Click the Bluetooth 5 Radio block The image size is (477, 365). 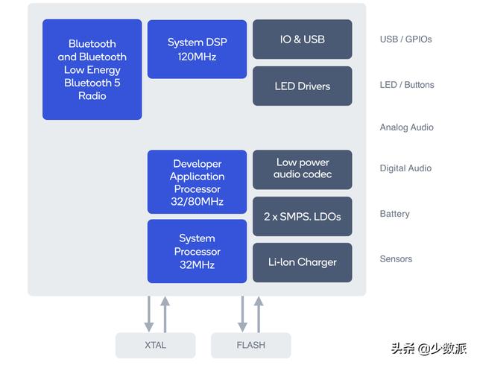pyautogui.click(x=92, y=69)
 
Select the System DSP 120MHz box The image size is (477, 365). pyautogui.click(x=197, y=49)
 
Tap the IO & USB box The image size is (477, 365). pyautogui.click(x=302, y=39)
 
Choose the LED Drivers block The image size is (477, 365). pyautogui.click(x=302, y=86)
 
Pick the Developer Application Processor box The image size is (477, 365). pyautogui.click(x=197, y=182)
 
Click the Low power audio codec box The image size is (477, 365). pyautogui.click(x=302, y=168)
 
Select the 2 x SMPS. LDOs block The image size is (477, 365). pyautogui.click(x=302, y=216)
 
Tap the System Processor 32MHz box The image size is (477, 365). pyautogui.click(x=197, y=251)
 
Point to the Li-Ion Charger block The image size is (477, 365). pyautogui.click(x=302, y=262)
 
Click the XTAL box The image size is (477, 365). pyautogui.click(x=155, y=345)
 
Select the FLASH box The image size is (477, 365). pyautogui.click(x=250, y=345)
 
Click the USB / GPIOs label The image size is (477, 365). pyautogui.click(x=405, y=39)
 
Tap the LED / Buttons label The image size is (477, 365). pyautogui.click(x=406, y=85)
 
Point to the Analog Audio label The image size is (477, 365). pyautogui.click(x=406, y=127)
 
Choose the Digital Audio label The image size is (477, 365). pyautogui.click(x=405, y=168)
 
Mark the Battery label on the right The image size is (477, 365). pyautogui.click(x=394, y=214)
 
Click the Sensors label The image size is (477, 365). pyautogui.click(x=396, y=259)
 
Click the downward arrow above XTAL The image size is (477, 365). pyautogui.click(x=149, y=314)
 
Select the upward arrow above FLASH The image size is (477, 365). pyautogui.click(x=259, y=314)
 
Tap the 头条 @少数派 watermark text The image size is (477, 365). pyautogui.click(x=429, y=348)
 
